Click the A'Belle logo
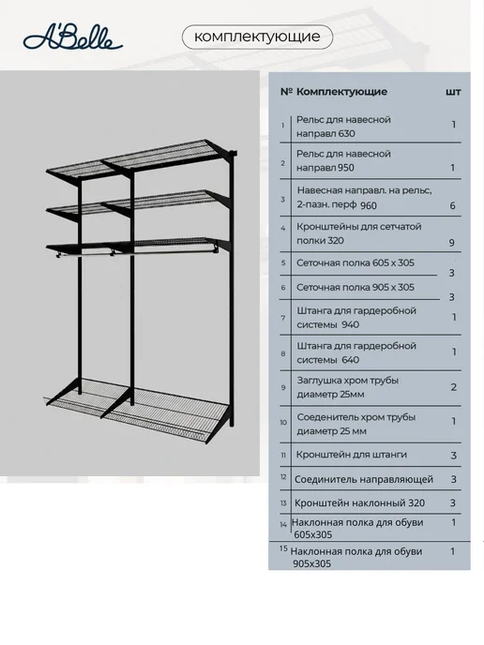coord(73,38)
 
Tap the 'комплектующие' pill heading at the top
coord(257,37)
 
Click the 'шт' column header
coord(453,92)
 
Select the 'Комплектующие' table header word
coord(341,91)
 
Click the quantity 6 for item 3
coord(452,205)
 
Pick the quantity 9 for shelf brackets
coord(451,243)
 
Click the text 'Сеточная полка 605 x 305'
coord(355,262)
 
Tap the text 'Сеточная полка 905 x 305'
coord(355,287)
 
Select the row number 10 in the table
coord(283,423)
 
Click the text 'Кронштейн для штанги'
coord(352,455)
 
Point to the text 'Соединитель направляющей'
coord(364,479)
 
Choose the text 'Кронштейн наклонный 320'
coord(359,502)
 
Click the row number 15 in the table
coord(283,548)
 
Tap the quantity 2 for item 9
coord(454,387)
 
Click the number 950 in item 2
coord(345,168)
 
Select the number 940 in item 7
coord(350,324)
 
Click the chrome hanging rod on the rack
coord(136,251)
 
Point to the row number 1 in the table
coord(282,125)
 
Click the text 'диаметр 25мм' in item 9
coord(330,394)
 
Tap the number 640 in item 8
coord(350,360)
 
